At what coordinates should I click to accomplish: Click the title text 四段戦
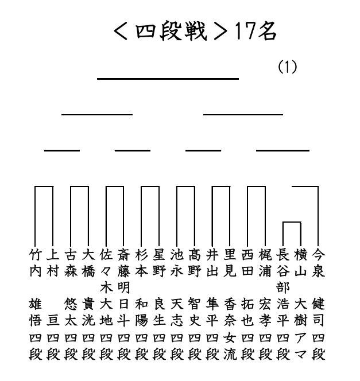tap(171, 32)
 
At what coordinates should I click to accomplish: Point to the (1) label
tap(287, 67)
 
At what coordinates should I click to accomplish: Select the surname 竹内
tap(34, 263)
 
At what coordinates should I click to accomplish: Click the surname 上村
tap(52, 263)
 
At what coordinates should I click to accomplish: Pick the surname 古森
tap(70, 263)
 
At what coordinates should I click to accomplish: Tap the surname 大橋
tap(88, 263)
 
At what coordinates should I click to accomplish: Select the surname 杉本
tap(141, 263)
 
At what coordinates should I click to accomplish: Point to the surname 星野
tap(159, 263)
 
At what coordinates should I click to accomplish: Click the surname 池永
tap(177, 263)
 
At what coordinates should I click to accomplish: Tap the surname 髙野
tap(195, 263)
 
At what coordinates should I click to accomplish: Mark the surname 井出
tap(212, 263)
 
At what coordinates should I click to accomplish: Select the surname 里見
tap(230, 263)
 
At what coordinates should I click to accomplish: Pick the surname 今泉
tap(318, 263)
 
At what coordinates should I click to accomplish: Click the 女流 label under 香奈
tap(230, 346)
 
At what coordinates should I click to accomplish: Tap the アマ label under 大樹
tap(300, 346)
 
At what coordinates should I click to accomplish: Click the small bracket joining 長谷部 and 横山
tap(292, 223)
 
